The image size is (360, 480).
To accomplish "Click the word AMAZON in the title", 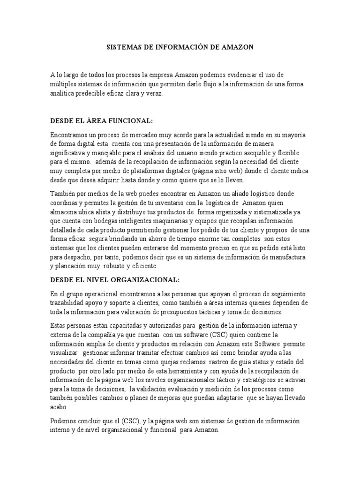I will click(x=238, y=47).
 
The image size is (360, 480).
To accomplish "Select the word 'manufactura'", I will click(x=287, y=257).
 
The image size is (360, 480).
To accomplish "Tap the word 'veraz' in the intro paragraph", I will click(x=153, y=94).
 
